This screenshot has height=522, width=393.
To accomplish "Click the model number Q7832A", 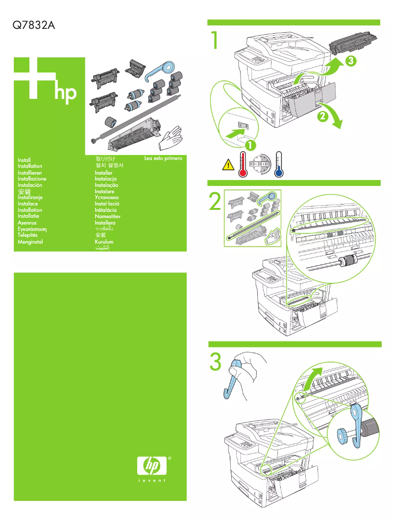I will tap(33, 25).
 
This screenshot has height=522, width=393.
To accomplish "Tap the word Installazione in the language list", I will tap(32, 179).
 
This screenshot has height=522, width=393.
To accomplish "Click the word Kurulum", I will tap(104, 242).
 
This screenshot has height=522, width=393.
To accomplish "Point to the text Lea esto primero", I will tap(163, 159).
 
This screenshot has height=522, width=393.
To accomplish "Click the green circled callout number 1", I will tap(251, 145).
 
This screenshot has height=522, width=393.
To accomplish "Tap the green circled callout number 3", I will tap(349, 61).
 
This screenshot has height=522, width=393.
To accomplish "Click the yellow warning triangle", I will tap(228, 165).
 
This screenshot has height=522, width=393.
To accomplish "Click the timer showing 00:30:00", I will tap(261, 164).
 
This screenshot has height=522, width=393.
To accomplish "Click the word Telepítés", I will tap(27, 235).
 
